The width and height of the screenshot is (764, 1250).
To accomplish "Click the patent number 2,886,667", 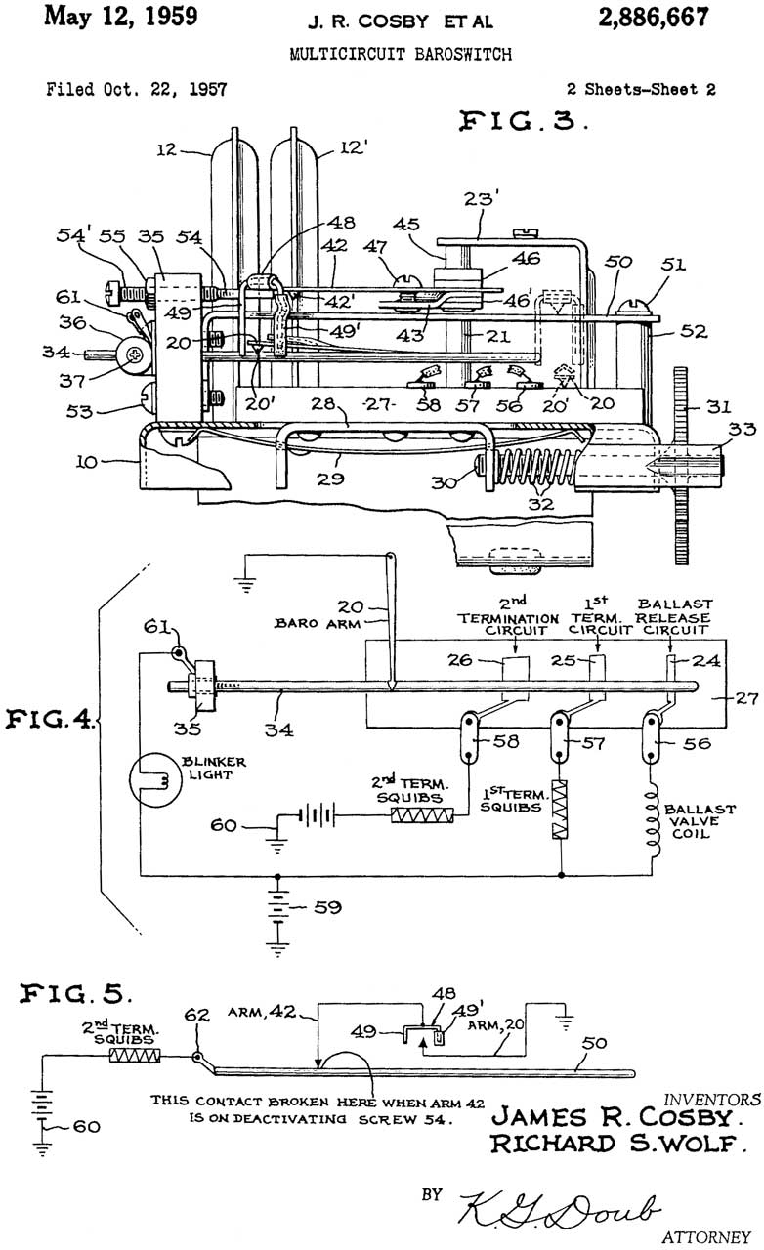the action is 654,18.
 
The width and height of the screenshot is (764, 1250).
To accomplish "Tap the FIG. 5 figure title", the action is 75,994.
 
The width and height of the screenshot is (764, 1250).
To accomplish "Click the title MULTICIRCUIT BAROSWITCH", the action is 401,54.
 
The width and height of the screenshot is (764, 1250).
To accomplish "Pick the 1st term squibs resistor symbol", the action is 560,810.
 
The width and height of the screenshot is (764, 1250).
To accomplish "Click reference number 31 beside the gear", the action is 719,407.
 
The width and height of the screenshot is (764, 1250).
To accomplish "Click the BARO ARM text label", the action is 318,623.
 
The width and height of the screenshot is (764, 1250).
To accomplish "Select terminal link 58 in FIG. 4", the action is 469,737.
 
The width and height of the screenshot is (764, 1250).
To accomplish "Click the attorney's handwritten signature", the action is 559,1210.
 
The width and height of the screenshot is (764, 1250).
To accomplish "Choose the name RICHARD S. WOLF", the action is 618,1144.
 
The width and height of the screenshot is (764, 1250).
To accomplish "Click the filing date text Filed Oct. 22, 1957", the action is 136,89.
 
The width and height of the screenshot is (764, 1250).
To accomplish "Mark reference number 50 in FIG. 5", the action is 594,1043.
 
